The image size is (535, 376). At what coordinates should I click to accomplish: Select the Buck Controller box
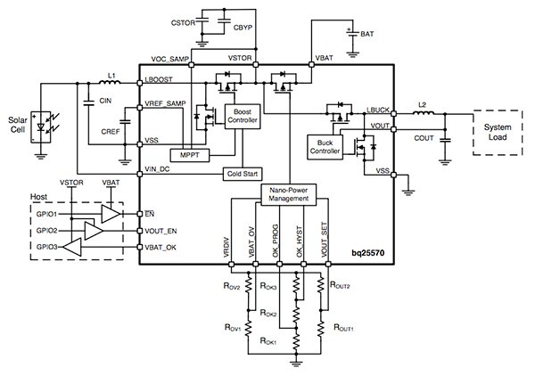point(323,145)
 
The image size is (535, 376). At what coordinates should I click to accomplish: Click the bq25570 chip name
point(372,256)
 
